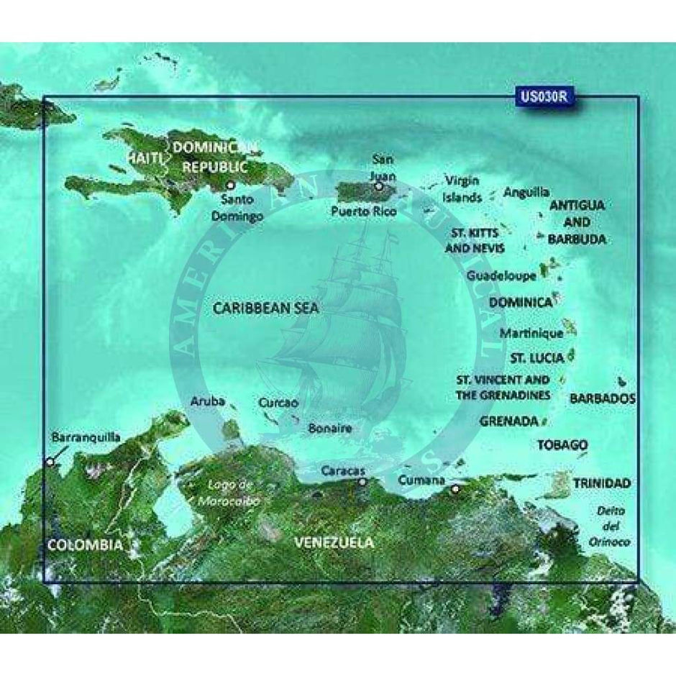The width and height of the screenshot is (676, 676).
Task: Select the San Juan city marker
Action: coord(378,186)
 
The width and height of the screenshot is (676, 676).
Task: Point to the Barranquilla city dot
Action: coord(49,462)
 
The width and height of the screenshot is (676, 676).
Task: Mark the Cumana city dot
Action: coord(455,490)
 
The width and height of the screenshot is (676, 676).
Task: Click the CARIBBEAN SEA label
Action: coord(266,308)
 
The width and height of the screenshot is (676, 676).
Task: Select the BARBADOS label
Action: coord(603,398)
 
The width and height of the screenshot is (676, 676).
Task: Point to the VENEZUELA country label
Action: coord(334,542)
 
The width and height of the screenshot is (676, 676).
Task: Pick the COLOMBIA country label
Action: coord(85,545)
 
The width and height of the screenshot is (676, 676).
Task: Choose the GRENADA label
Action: coord(509,420)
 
